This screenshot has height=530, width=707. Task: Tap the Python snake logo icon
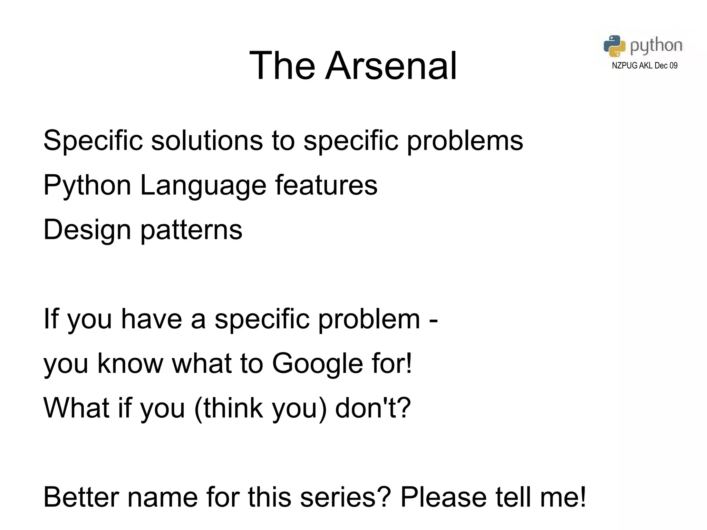coord(614,46)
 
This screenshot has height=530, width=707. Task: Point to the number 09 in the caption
coord(673,66)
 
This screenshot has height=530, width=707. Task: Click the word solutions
coord(207,141)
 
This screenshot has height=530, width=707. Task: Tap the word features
coord(326,185)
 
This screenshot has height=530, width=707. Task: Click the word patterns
coord(191,231)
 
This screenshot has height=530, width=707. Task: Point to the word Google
coord(318,364)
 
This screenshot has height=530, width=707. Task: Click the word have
coord(151,319)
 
